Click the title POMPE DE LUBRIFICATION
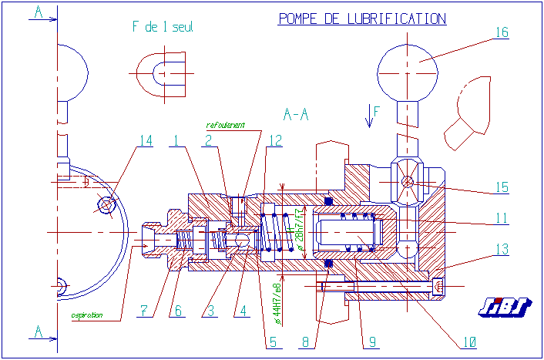point(361,19)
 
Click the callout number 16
point(502,32)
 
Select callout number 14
point(146,140)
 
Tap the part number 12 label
point(275,140)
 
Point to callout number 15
point(502,187)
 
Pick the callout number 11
point(502,218)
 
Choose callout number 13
point(502,249)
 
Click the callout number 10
point(469,340)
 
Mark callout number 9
point(373,340)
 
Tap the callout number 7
point(143,311)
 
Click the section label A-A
point(296,115)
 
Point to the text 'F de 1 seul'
point(163,27)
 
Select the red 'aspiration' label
point(88,315)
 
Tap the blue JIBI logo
point(505,307)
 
